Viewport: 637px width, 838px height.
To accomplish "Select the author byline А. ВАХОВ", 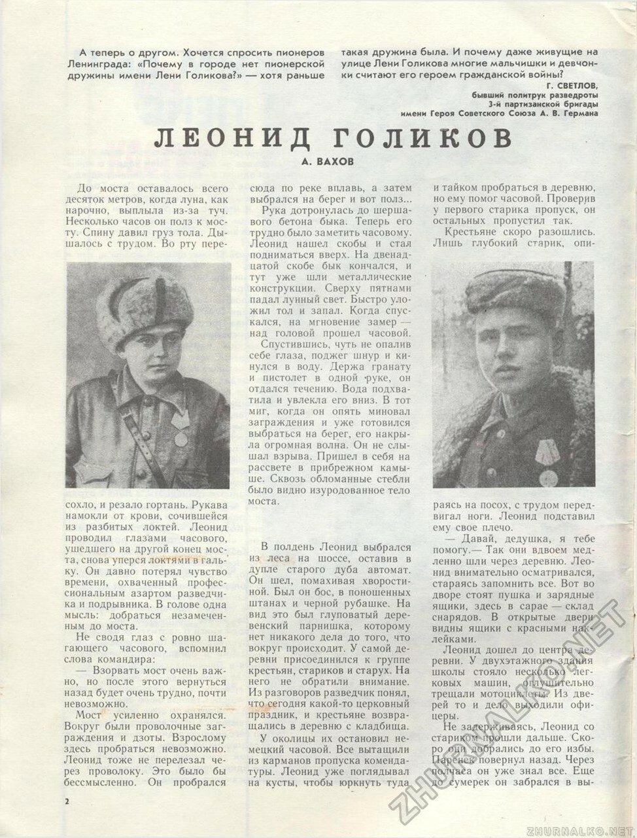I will (330, 161).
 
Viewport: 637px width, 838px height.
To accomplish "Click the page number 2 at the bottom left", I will (68, 801).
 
